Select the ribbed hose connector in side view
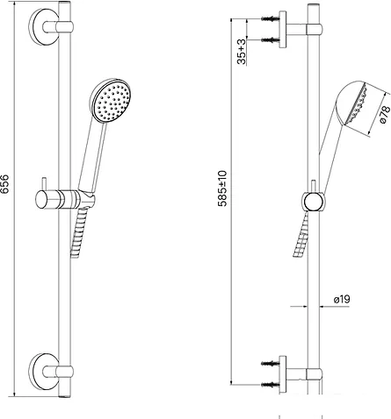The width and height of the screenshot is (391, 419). (299, 237)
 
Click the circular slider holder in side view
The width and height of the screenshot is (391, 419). (312, 202)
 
